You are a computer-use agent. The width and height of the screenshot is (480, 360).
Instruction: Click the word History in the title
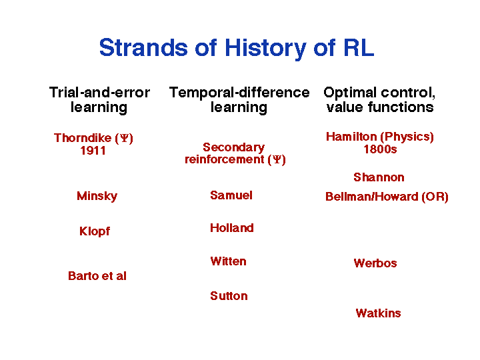coord(265,49)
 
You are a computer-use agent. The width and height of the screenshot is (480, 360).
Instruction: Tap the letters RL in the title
coord(359,47)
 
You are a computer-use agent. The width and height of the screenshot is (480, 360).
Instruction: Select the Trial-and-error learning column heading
coord(99,100)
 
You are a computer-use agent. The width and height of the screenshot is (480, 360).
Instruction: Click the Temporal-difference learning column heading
coord(239,100)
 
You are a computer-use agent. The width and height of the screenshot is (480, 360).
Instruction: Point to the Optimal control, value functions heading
coord(379,100)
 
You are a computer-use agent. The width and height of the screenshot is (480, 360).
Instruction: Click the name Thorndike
coord(83,138)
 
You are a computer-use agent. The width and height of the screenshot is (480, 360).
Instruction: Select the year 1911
coord(93,151)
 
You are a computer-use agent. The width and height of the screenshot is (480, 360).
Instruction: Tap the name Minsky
coord(97,196)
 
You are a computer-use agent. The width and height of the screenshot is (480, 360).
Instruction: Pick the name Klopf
coord(95,231)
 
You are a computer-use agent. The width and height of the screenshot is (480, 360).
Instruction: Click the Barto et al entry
coord(97,276)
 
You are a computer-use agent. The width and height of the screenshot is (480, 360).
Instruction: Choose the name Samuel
coord(231,195)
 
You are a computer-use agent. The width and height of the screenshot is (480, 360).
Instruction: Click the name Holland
coord(232,228)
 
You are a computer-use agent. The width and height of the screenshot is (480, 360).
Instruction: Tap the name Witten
coord(229,261)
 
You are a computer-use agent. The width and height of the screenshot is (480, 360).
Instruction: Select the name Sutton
coord(229,296)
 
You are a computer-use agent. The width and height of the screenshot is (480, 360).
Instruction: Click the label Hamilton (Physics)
coord(380,137)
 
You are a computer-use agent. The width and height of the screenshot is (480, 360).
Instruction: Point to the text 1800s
coord(380,149)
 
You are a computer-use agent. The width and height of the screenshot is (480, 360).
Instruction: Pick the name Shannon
coord(379,177)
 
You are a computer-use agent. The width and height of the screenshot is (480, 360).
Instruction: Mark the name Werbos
coord(375,263)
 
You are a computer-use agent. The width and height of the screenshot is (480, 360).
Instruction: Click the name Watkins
coord(379,313)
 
